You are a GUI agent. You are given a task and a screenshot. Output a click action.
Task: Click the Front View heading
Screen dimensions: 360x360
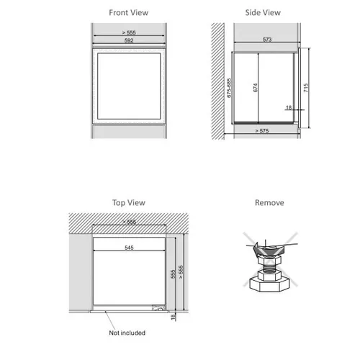click(x=129, y=12)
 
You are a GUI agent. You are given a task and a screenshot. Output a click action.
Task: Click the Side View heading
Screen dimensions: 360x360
click(x=263, y=12)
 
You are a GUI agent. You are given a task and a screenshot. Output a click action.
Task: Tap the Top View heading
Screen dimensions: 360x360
click(x=129, y=202)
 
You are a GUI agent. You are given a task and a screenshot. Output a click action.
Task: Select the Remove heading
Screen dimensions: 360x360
click(x=269, y=202)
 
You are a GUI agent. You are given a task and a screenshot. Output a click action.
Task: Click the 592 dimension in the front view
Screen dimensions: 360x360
click(x=129, y=40)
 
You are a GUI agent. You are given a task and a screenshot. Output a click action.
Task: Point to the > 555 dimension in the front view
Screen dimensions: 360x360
click(x=129, y=32)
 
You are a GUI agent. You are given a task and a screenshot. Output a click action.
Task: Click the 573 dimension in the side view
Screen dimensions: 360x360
click(x=267, y=40)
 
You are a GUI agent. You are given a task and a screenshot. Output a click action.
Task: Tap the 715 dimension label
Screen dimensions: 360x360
click(x=305, y=88)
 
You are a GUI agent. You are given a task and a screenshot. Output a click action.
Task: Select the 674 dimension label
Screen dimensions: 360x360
click(x=255, y=88)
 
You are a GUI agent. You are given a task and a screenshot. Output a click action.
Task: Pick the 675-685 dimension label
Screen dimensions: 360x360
click(x=229, y=88)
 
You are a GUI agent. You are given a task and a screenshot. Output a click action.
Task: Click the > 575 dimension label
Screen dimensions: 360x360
click(x=262, y=131)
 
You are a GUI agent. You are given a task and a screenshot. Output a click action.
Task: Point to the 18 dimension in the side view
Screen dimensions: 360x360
click(x=289, y=107)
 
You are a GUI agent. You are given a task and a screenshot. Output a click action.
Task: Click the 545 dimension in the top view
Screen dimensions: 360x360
click(x=129, y=248)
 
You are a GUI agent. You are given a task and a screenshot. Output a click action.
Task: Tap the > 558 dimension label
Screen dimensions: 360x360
click(x=130, y=222)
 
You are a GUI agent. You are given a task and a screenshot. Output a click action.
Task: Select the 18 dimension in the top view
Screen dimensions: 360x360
click(x=173, y=317)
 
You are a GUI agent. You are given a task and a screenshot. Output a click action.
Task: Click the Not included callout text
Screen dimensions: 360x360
click(x=127, y=333)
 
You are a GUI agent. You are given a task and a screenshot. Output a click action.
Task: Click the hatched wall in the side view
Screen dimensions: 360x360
click(x=217, y=81)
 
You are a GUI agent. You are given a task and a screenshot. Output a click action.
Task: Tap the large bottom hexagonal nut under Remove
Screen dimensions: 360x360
click(x=269, y=284)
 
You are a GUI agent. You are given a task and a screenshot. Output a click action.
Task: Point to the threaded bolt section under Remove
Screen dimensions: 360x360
click(x=269, y=268)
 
